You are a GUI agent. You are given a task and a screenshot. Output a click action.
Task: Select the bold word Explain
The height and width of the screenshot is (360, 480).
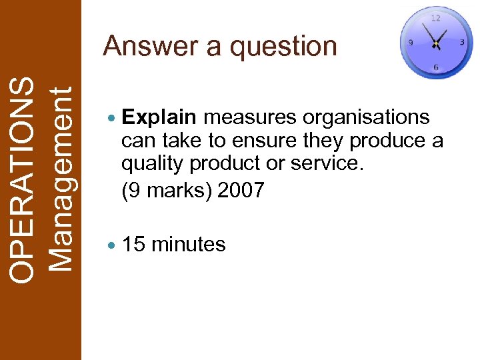tap(160, 118)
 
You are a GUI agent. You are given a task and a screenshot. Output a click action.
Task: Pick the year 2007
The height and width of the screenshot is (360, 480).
tap(241, 191)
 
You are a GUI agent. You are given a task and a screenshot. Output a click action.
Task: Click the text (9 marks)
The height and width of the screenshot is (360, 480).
tap(167, 191)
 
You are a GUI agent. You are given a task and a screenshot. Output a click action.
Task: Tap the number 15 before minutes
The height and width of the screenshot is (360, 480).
tap(134, 245)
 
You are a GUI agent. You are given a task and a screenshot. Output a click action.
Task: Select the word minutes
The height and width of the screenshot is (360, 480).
tap(189, 245)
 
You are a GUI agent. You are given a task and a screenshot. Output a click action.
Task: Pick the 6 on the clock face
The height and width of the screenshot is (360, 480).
tap(435, 67)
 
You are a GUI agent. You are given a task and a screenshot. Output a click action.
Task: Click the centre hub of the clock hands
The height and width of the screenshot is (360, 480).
tap(435, 43)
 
